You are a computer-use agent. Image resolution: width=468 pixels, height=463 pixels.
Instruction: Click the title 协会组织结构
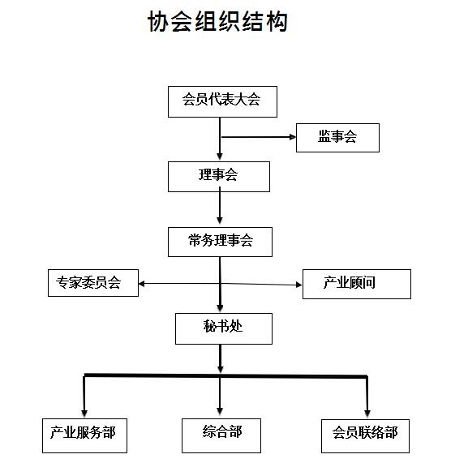coord(217,21)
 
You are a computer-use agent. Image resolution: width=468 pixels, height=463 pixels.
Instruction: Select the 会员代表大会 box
coord(222,101)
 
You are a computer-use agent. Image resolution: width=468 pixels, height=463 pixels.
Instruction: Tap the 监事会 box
coord(337,138)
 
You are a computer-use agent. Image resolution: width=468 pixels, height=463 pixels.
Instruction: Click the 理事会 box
coord(219,177)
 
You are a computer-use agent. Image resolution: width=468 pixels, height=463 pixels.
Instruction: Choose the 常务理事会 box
coord(220,242)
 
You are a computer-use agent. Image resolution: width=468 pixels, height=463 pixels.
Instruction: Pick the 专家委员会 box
coord(93,283)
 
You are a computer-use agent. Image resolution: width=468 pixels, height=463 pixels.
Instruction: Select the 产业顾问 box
coord(357,284)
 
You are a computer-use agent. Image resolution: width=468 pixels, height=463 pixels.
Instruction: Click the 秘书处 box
coord(224,328)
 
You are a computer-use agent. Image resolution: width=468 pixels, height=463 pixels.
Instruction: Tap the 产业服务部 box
coord(84,435)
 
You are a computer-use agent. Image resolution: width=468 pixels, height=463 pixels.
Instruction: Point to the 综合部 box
coord(221,435)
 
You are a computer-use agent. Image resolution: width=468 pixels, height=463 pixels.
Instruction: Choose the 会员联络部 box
coord(365,436)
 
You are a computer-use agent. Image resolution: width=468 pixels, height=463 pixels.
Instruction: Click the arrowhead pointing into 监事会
coord(293,137)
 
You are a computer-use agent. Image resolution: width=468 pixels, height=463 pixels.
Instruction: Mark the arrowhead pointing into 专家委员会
coord(142,284)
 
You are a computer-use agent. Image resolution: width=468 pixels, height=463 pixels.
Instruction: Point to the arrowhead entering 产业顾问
coord(298,285)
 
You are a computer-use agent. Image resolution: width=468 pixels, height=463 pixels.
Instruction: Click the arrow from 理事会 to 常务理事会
coord(220,206)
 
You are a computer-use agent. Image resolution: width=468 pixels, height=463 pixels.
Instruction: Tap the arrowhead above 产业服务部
coord(84,414)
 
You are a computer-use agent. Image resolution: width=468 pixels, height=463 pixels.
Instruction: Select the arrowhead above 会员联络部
coord(367,414)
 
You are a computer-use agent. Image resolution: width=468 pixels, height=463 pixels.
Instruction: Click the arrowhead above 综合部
coord(220,412)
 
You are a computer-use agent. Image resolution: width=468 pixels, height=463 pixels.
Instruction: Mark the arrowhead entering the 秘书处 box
coord(220,308)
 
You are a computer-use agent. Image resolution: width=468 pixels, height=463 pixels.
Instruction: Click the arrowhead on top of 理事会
coord(220,156)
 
